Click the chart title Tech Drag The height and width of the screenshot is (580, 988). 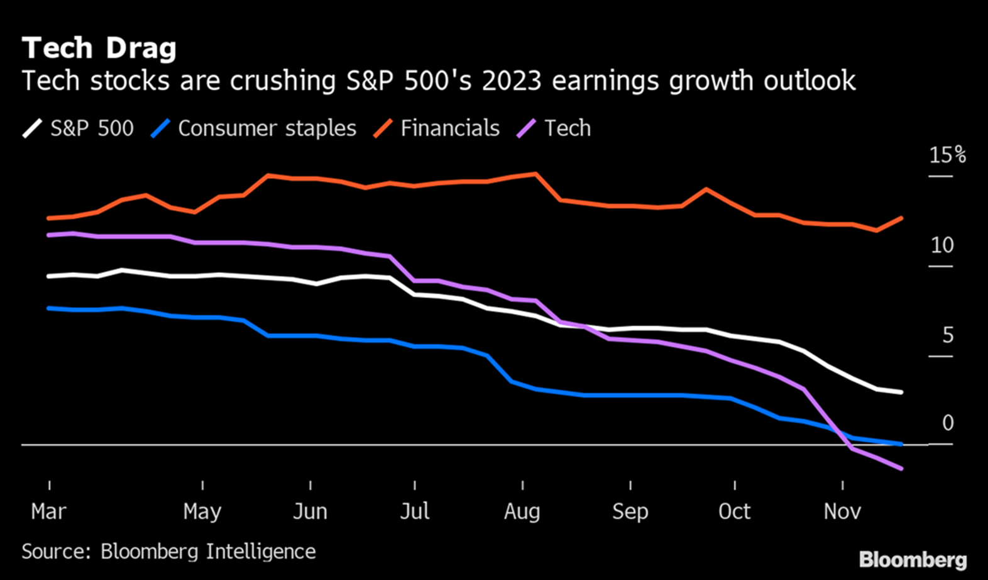(99, 48)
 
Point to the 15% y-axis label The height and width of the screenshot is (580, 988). (947, 155)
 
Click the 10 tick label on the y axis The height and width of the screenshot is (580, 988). (942, 245)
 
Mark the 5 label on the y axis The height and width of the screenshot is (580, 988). (948, 335)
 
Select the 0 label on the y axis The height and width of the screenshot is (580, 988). (948, 423)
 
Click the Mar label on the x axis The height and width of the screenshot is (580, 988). (48, 511)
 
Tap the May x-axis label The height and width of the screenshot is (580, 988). (202, 511)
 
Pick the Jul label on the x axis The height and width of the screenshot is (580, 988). (415, 511)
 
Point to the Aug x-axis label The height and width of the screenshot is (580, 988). (522, 511)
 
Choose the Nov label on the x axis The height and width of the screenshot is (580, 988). (842, 511)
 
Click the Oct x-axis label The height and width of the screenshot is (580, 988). (734, 511)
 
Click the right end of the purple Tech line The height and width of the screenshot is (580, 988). (901, 469)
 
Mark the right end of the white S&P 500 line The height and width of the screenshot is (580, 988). (901, 392)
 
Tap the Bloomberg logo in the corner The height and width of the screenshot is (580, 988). (913, 559)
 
